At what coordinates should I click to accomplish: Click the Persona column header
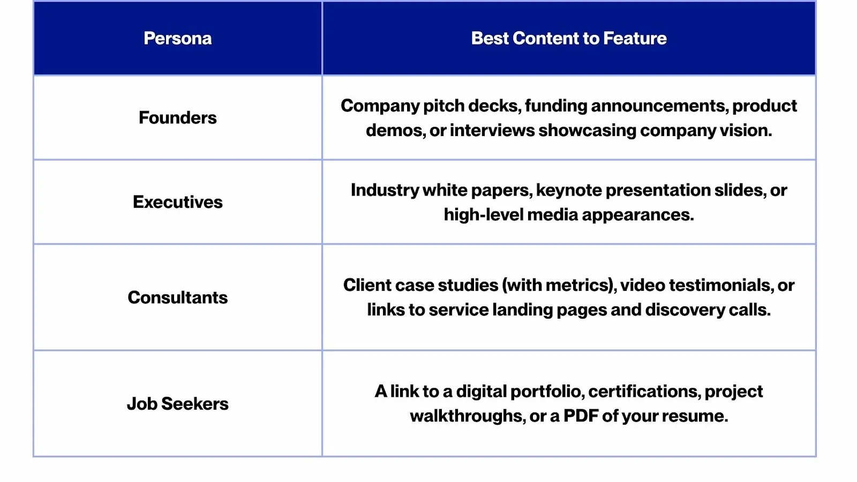pos(177,38)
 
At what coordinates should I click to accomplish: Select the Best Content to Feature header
pos(569,38)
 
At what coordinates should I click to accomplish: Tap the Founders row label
pos(177,117)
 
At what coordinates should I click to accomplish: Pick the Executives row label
pos(177,202)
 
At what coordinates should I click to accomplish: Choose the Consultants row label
pos(177,297)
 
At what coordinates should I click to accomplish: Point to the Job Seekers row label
pos(177,404)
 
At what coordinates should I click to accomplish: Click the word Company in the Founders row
pos(380,106)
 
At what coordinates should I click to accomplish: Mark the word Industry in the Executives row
pos(385,190)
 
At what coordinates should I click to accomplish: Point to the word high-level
pos(484,215)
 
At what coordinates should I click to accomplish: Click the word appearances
pos(638,215)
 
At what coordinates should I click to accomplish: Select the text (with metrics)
pos(559,285)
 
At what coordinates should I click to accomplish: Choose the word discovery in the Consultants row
pos(685,310)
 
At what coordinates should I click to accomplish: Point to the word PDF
pos(581,416)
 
